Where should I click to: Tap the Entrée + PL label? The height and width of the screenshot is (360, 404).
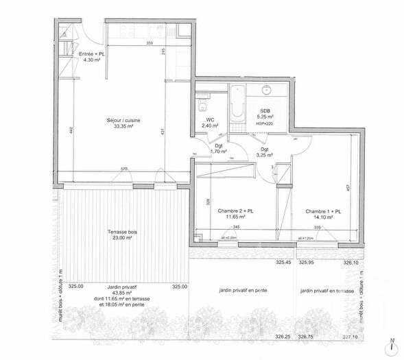92,56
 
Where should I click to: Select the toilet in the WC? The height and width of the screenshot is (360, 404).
201,108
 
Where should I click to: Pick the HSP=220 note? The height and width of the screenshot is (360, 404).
265,123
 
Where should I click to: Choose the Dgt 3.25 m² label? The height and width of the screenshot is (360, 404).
264,152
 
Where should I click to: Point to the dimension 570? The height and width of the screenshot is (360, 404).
124,169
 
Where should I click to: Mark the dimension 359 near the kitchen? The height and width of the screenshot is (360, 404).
149,45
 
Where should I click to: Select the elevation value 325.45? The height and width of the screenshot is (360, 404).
283,263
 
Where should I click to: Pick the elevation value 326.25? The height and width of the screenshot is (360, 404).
283,337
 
